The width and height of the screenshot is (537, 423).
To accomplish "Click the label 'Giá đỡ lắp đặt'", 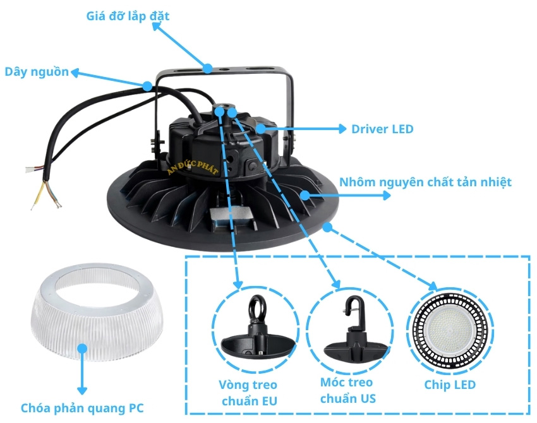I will tap(128, 16).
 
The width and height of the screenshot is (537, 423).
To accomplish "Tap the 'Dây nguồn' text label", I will tap(37, 72).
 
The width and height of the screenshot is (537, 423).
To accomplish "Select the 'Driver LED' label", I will tap(382, 129).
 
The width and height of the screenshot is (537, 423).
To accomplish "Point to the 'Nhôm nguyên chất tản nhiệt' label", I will tap(425, 182).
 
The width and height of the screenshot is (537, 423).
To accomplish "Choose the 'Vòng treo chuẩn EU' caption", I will tap(248, 392).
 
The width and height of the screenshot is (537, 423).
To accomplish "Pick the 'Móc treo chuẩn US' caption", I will tap(347, 390).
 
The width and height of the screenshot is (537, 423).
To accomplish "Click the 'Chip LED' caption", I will tap(451, 384).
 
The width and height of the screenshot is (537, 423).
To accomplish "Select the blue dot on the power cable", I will tap(147, 85).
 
